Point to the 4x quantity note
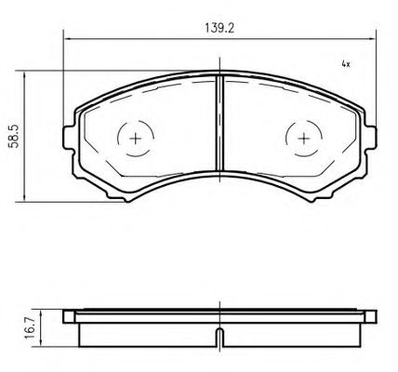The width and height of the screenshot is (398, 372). click(x=344, y=65)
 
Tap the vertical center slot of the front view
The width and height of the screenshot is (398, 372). click(x=220, y=121)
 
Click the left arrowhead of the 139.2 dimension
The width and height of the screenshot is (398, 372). click(x=67, y=39)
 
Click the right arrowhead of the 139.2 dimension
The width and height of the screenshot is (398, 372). click(x=373, y=39)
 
